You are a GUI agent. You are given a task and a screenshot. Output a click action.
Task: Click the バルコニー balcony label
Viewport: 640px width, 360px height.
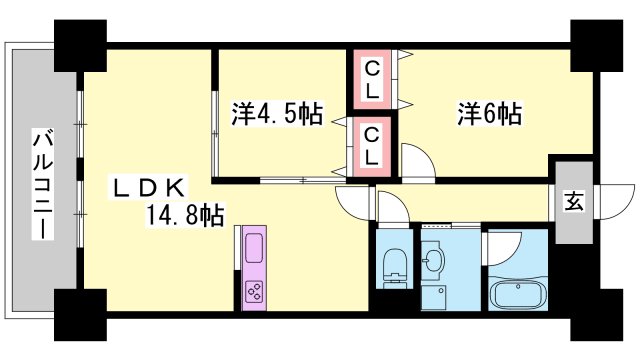pyautogui.click(x=43, y=184)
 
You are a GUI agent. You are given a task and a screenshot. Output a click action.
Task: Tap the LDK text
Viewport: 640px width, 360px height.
pyautogui.click(x=148, y=187)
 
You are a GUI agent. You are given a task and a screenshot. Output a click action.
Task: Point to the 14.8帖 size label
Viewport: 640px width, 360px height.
pyautogui.click(x=183, y=213)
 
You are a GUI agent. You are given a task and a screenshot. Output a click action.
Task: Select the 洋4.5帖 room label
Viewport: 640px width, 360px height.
pyautogui.click(x=278, y=114)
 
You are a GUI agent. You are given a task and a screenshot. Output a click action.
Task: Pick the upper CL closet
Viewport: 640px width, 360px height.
pyautogui.click(x=371, y=79)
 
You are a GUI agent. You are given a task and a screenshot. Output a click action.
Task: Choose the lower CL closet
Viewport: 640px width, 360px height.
pyautogui.click(x=371, y=144)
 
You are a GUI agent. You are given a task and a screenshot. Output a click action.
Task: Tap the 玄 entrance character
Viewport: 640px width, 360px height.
pyautogui.click(x=574, y=201)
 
